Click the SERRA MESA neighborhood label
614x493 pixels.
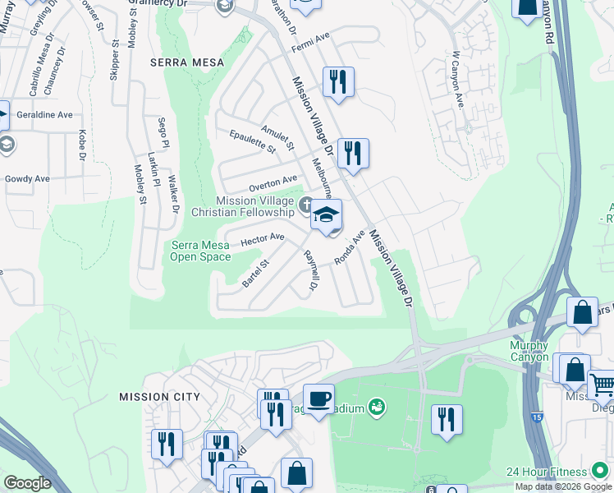pos(175,62)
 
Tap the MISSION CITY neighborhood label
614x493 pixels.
pos(159,397)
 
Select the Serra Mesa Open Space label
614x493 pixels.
pos(201,251)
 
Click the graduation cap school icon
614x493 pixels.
pos(326,216)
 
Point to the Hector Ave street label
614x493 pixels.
pos(262,239)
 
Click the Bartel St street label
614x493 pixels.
pos(256,274)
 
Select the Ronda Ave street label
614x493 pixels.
pos(349,247)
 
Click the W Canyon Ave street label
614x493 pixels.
pos(457,81)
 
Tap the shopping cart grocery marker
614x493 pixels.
pos(602,384)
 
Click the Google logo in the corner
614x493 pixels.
pos(27,483)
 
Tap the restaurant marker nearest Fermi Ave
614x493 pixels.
pos(337,83)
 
